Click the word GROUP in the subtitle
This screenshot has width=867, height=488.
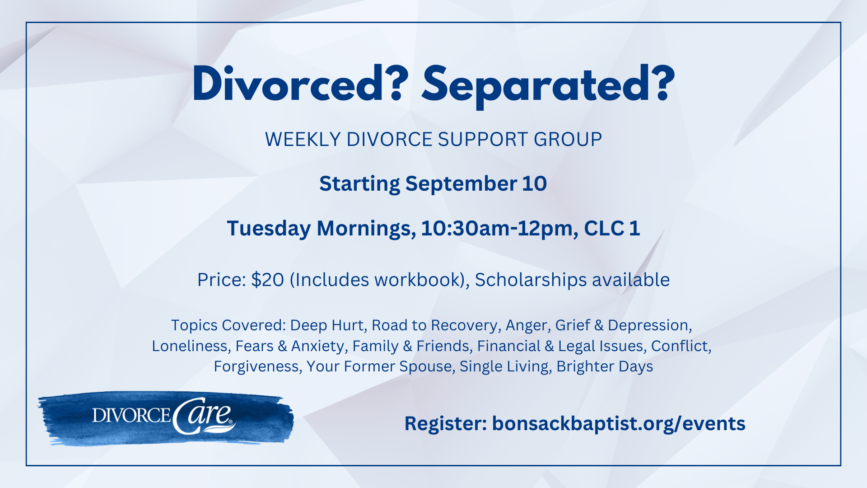coord(568,139)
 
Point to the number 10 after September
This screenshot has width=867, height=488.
coord(534,183)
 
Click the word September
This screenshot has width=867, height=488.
coord(461,183)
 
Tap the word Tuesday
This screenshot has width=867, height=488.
coord(268,228)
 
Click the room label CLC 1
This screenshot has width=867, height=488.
coord(612,228)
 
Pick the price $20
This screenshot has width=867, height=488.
coord(267,280)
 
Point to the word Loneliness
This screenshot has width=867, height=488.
coord(189,346)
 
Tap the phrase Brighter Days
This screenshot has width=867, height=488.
coord(605,366)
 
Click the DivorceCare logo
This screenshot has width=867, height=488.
coord(165,418)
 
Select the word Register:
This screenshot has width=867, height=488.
coord(445,424)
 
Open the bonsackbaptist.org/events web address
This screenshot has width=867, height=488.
coord(618,424)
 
